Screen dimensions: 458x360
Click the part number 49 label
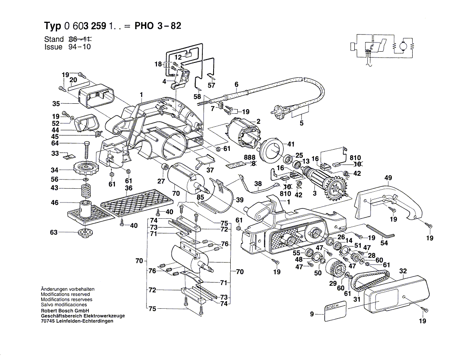pyautogui.click(x=388, y=177)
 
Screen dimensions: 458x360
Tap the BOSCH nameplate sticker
pyautogui.click(x=335, y=312)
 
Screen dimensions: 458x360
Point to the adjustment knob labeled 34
pyautogui.click(x=86, y=168)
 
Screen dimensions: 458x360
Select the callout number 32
pyautogui.click(x=403, y=271)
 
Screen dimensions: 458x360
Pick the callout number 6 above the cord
pyautogui.click(x=236, y=85)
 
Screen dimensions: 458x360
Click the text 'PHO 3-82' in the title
pyautogui.click(x=158, y=26)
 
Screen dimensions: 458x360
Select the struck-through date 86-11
pyautogui.click(x=80, y=39)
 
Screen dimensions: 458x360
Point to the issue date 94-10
pyautogui.click(x=80, y=47)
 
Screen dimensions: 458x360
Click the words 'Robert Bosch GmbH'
pyautogui.click(x=65, y=310)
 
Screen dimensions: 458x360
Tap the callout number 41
pyautogui.click(x=291, y=144)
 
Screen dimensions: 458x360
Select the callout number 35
pyautogui.click(x=56, y=103)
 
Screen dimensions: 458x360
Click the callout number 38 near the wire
pyautogui.click(x=258, y=183)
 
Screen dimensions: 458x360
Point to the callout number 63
pyautogui.click(x=54, y=232)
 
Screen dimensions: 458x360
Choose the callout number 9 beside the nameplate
pyautogui.click(x=312, y=314)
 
